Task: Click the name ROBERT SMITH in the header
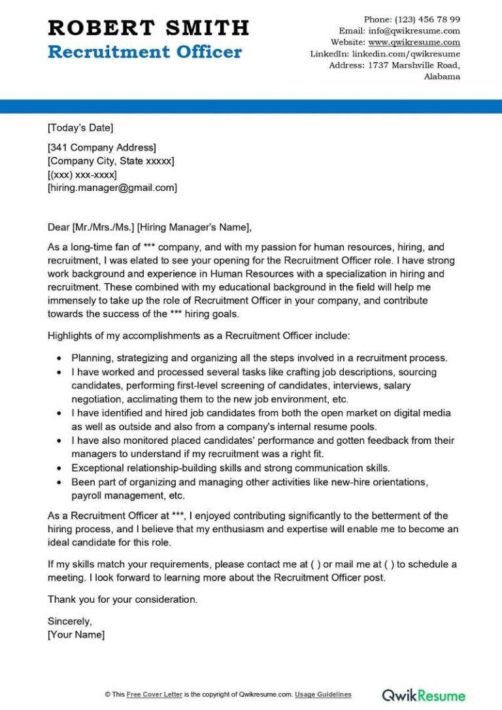[148, 27]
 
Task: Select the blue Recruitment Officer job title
[144, 52]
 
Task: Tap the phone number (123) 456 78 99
[427, 19]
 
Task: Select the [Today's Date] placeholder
[80, 127]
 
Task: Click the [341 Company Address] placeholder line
[101, 147]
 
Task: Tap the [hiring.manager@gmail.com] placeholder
[112, 188]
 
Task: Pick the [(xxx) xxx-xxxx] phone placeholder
[82, 175]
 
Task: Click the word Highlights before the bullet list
[69, 336]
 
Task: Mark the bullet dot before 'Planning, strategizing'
[59, 358]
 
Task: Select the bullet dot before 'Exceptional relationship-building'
[59, 468]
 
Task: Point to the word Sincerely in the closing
[70, 621]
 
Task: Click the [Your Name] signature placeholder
[76, 634]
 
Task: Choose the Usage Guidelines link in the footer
[323, 694]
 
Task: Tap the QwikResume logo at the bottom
[424, 695]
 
